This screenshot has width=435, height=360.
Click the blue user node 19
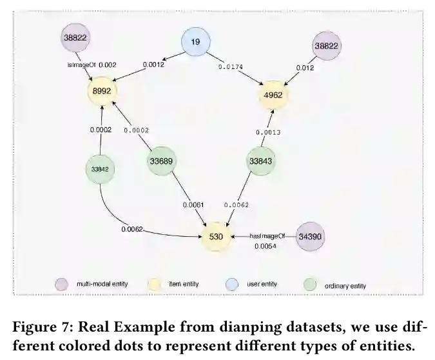(x=196, y=43)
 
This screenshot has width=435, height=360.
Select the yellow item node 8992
(x=102, y=92)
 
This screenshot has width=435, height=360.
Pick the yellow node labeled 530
(x=216, y=237)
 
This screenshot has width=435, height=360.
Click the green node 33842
(x=99, y=169)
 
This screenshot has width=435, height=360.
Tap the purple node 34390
(x=311, y=237)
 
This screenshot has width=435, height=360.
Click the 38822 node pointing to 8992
(x=76, y=38)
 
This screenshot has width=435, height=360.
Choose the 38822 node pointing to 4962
(x=327, y=46)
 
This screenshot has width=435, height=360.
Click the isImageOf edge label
(x=81, y=65)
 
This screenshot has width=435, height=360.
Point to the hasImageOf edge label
(x=267, y=236)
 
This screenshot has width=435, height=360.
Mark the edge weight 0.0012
(x=153, y=64)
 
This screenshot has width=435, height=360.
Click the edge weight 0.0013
(x=267, y=133)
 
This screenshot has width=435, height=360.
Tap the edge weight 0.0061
(x=193, y=205)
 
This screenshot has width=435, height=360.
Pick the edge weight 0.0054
(x=265, y=246)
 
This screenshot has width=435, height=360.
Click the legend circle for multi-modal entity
(x=61, y=284)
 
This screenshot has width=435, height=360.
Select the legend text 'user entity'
(x=262, y=284)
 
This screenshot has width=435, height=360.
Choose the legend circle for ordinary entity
(x=310, y=284)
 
